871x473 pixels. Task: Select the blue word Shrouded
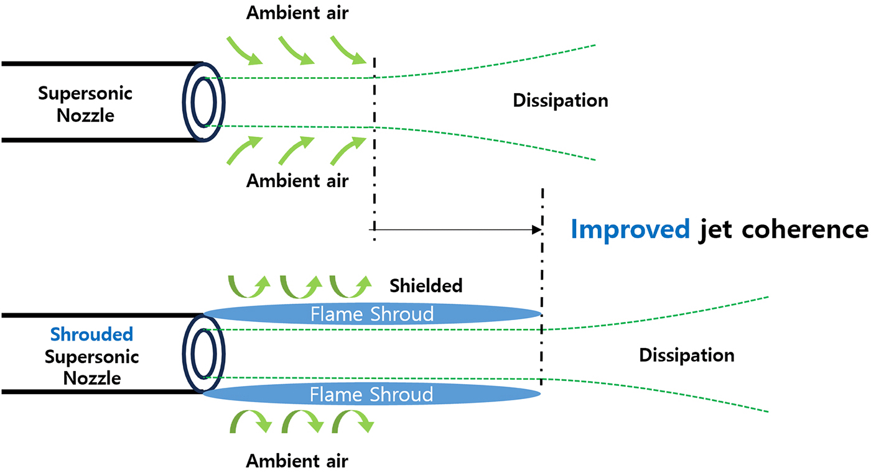[x=91, y=334]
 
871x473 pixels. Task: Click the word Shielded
[x=426, y=285]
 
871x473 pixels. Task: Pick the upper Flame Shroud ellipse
[x=371, y=314]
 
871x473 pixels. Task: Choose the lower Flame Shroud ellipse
[x=371, y=394]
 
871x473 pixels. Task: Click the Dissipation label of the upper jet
[x=560, y=101]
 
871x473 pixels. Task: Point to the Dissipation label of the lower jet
[x=686, y=356]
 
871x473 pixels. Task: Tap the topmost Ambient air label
[x=297, y=13]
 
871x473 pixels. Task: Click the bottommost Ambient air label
[x=297, y=461]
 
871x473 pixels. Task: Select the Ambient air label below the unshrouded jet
[x=297, y=181]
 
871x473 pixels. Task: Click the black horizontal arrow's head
[x=536, y=229]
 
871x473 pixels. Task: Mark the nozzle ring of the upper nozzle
[x=203, y=101]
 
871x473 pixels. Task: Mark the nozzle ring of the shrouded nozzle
[x=203, y=354]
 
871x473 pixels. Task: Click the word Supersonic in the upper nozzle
[x=85, y=94]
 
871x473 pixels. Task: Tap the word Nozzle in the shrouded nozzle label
[x=91, y=378]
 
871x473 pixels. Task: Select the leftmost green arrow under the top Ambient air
[x=243, y=50]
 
